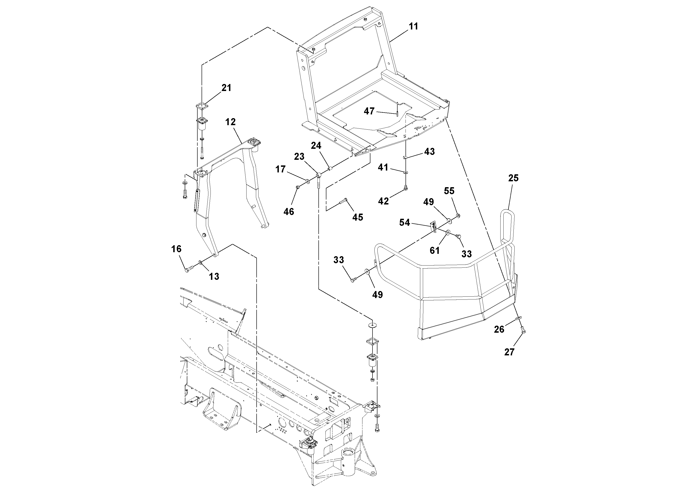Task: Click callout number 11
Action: click(x=413, y=27)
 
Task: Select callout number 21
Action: click(x=226, y=88)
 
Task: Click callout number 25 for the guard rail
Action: click(x=513, y=178)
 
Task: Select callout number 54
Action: click(x=404, y=223)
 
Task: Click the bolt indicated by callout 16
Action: click(x=189, y=268)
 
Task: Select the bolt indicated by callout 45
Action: click(x=342, y=201)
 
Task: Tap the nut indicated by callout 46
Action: click(x=298, y=187)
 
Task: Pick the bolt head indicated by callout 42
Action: click(x=406, y=189)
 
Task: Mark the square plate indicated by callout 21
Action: click(x=201, y=107)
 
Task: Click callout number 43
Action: click(x=429, y=152)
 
